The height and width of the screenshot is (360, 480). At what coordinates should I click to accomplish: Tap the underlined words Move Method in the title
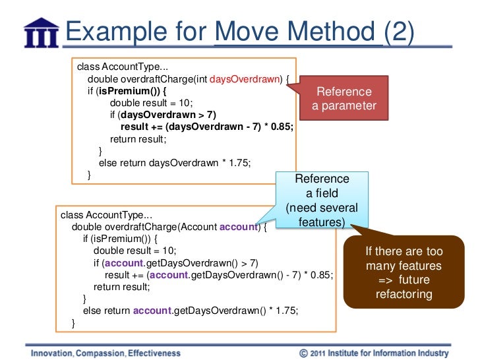[x=299, y=32]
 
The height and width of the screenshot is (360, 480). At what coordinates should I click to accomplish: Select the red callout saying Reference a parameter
[x=344, y=99]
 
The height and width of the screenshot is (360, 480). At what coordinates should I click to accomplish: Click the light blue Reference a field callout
[x=322, y=200]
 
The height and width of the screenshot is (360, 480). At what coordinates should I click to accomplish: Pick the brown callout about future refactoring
[x=404, y=273]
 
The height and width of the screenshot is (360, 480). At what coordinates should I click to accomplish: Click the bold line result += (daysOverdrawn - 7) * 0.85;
[x=206, y=127]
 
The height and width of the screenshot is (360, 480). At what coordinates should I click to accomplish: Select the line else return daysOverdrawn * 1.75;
[x=175, y=163]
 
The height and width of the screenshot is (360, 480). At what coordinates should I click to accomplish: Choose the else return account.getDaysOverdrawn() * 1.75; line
[x=195, y=311]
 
